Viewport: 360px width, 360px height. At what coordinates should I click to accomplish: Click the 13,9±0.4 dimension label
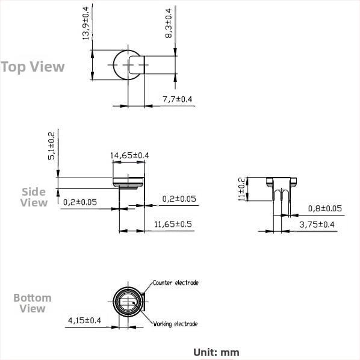85,23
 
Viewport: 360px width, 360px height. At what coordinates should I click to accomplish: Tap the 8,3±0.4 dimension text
169,23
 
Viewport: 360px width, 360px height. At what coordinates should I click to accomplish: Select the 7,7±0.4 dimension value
177,99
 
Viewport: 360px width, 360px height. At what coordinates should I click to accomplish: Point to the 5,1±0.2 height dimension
51,146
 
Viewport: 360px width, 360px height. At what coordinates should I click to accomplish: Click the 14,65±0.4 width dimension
129,155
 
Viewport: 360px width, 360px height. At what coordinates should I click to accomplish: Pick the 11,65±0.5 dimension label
173,224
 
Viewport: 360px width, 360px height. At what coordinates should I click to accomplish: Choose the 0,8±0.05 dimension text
325,208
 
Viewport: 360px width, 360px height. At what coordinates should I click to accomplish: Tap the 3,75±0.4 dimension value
317,225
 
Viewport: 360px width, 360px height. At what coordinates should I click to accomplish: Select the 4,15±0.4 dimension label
84,320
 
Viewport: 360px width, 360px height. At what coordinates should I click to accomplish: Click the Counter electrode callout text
176,282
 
